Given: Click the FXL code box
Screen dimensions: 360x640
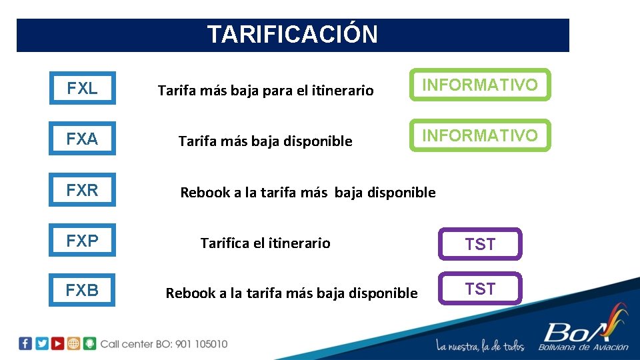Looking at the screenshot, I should tap(82, 88).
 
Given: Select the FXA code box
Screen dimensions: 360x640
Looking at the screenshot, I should tap(82, 139).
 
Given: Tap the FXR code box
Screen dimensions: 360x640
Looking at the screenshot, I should tap(82, 190).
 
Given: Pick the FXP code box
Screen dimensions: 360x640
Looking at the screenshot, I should tap(82, 241).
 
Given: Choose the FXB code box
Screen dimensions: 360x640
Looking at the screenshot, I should tap(82, 290).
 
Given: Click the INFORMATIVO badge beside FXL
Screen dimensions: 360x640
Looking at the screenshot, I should tap(480, 85).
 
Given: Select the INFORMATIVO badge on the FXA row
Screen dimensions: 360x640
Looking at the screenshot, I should tap(480, 135).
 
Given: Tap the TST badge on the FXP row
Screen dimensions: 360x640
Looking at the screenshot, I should tap(480, 244).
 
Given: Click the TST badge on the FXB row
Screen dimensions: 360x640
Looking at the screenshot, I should tap(480, 289).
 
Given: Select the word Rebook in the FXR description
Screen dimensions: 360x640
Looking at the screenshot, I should tap(203, 193).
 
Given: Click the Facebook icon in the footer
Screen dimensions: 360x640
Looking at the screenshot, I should tap(25, 343).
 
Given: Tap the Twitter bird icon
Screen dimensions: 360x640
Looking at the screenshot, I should tap(41, 343).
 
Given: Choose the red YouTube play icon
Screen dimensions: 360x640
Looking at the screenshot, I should tap(58, 343).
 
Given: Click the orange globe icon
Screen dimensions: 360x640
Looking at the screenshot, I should tap(74, 343).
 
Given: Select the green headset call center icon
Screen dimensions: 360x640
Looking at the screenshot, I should tap(90, 343).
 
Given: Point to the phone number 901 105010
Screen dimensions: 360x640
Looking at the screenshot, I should tap(200, 344).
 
